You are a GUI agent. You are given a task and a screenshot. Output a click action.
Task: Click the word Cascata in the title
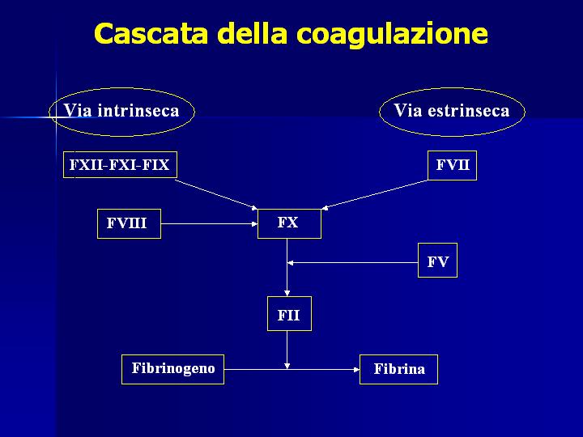point(151,33)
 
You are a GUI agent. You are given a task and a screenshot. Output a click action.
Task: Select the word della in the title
point(252,33)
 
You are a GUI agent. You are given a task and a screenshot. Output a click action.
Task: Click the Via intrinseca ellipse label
point(121,111)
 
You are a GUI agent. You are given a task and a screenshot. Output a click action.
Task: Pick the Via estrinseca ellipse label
point(452,111)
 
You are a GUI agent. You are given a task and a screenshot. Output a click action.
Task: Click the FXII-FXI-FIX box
point(120,164)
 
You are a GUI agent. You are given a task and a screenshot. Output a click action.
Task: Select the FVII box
point(452,165)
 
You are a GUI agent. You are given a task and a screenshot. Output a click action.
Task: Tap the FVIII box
point(129,223)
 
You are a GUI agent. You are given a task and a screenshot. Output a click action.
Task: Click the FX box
point(289,223)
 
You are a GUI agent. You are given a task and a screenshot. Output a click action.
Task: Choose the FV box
point(437,260)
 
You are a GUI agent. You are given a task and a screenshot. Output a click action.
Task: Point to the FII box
point(289,314)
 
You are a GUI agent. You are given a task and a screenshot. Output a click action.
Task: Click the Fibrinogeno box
point(173,369)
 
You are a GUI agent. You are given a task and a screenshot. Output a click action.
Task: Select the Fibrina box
point(398,369)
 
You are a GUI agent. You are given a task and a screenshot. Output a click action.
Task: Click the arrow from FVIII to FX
point(210,223)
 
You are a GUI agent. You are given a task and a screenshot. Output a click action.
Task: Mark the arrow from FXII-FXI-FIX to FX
point(216,194)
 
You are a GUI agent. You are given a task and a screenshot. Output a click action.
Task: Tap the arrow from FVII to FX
point(375,195)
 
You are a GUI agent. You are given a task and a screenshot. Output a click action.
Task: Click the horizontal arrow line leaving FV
point(353,263)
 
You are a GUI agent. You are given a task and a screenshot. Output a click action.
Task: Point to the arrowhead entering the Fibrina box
point(357,369)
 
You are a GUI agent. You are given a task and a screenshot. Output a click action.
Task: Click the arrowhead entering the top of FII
point(287,293)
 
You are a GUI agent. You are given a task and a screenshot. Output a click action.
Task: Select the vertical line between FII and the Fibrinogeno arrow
point(287,350)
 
